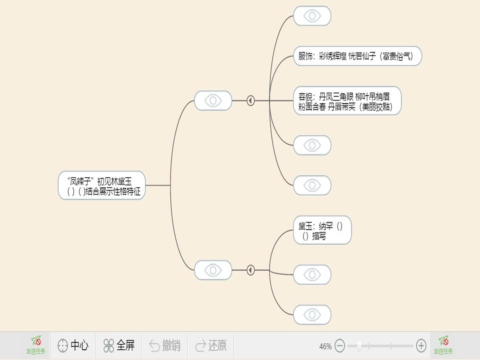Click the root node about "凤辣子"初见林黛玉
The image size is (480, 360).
[102, 185]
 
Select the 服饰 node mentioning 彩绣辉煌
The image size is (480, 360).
[357, 56]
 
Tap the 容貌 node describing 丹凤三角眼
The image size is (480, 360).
[347, 101]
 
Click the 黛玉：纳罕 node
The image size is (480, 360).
[322, 230]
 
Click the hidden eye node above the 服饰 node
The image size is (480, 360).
[312, 16]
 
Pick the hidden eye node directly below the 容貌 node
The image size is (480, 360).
[312, 145]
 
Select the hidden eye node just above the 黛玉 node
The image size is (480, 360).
[312, 185]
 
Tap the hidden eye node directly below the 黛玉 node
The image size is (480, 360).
[312, 275]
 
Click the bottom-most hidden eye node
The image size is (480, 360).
[312, 315]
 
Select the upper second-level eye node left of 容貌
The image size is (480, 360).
[213, 101]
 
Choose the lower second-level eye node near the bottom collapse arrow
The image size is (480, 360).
[213, 270]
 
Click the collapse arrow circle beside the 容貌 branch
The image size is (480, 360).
[251, 101]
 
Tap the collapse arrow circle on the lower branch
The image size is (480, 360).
[251, 270]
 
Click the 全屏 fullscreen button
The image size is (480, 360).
[119, 346]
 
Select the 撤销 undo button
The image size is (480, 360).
[165, 346]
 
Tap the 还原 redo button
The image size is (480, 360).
[211, 346]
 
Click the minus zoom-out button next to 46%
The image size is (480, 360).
[340, 346]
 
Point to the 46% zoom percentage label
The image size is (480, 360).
[325, 346]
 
